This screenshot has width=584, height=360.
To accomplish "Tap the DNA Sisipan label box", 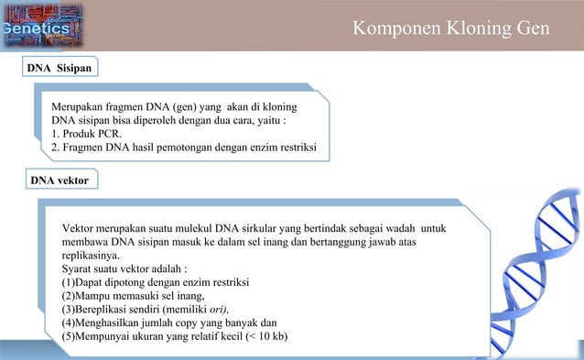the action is pyautogui.click(x=58, y=68).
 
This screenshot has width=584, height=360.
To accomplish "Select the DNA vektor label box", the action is pyautogui.click(x=59, y=180).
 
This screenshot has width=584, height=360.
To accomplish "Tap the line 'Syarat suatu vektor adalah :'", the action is pyautogui.click(x=124, y=269).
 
